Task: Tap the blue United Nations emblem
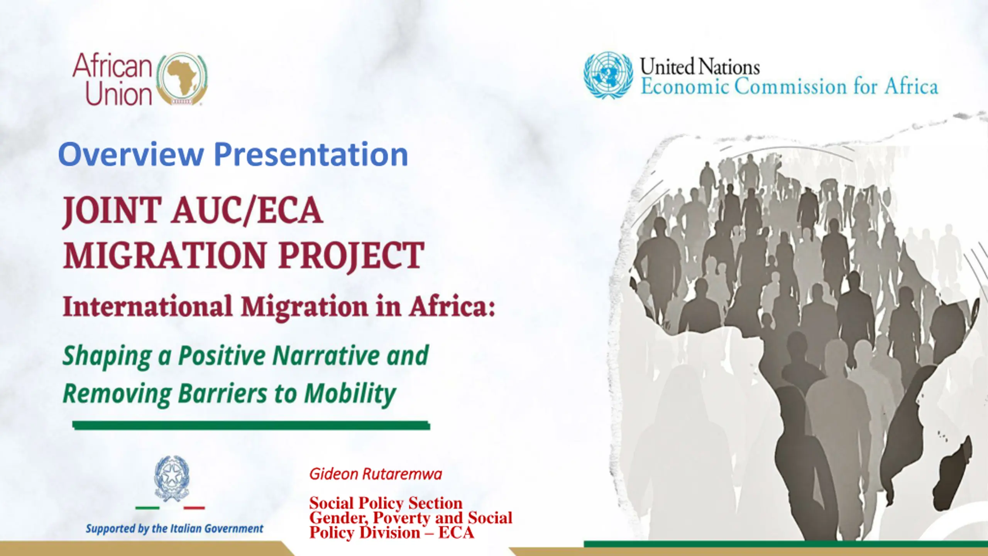(608, 75)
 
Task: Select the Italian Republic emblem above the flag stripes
(172, 479)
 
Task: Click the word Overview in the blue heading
(131, 154)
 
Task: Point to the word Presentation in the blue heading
(311, 154)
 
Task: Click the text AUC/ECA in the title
(247, 210)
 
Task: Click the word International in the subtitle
(148, 307)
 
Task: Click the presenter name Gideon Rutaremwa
(376, 474)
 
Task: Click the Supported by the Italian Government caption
(174, 529)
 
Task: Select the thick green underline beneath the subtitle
(251, 425)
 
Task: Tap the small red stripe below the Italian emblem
(194, 508)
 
